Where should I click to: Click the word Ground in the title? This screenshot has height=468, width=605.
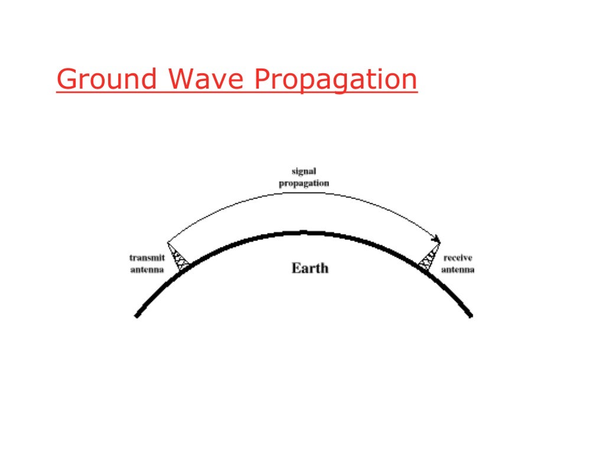tap(107, 79)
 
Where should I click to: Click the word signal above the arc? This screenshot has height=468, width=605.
tap(304, 171)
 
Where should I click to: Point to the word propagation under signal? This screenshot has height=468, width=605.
tap(304, 183)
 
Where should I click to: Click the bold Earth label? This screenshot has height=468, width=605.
tap(310, 268)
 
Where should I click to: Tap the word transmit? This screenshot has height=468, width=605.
tap(147, 258)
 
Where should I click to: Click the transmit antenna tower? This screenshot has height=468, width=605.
tap(178, 257)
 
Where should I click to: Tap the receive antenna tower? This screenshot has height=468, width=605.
tap(429, 257)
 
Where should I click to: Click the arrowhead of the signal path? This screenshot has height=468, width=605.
tap(437, 239)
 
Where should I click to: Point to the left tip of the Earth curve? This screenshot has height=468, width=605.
tap(137, 316)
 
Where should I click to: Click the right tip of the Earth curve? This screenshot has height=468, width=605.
tap(471, 316)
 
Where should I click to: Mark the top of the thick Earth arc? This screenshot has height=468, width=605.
tap(304, 232)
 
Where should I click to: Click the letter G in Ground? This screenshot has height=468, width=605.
tap(67, 79)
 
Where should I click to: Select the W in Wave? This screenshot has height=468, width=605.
tap(182, 79)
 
